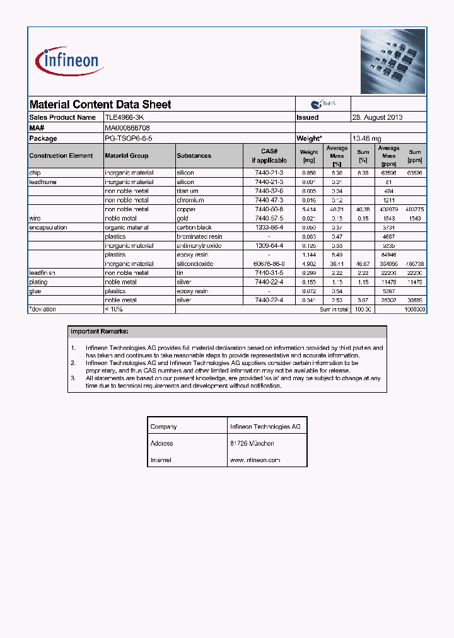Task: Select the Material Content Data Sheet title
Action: [x=100, y=105]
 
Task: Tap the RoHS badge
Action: [x=323, y=104]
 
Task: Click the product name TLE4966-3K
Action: [x=128, y=117]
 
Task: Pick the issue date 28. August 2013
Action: [x=377, y=117]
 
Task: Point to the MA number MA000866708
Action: [x=127, y=128]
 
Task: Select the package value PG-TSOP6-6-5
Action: [x=129, y=138]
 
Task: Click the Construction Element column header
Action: [x=61, y=156]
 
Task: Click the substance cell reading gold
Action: [x=183, y=218]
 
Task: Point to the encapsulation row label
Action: [x=49, y=228]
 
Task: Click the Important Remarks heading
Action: [x=100, y=331]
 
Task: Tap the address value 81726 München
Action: [x=252, y=443]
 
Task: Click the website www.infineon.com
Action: [x=255, y=460]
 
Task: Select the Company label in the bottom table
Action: [x=163, y=427]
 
